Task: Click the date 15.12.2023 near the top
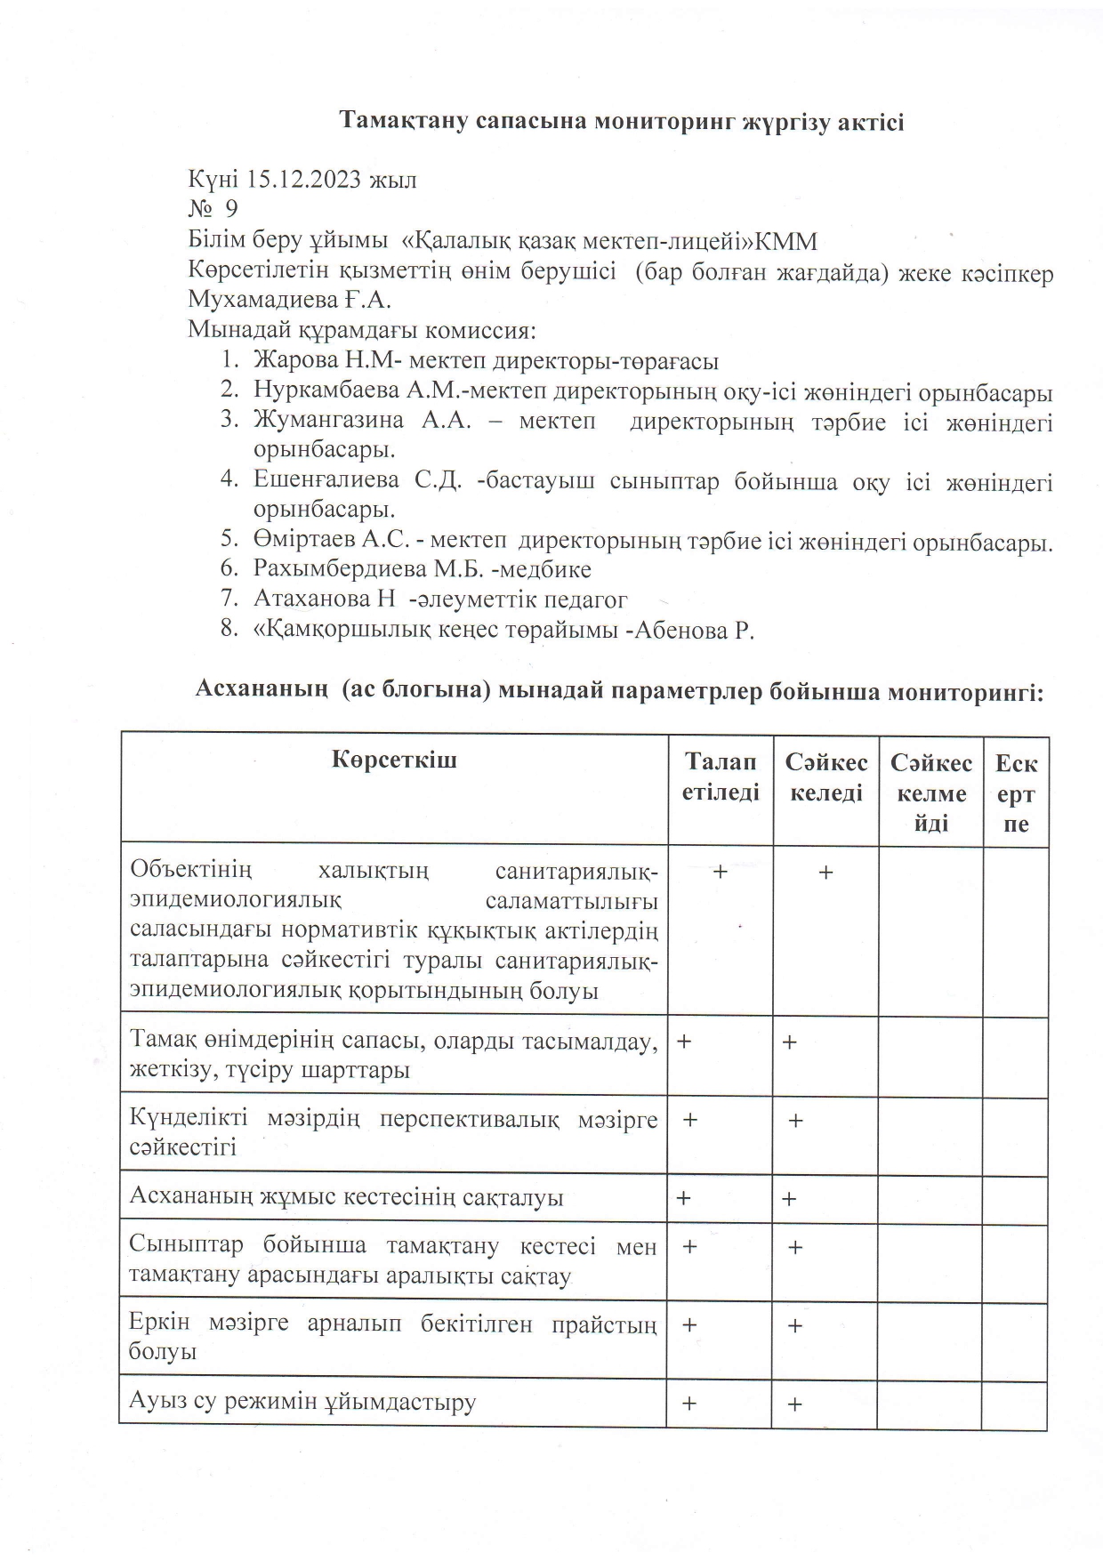303,180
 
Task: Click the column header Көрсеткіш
394,760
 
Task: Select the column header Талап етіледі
721,777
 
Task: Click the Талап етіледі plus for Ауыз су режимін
688,1404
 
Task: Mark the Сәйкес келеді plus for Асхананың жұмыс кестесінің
789,1199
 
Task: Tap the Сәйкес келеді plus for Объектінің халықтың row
825,873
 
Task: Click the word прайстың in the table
604,1324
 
